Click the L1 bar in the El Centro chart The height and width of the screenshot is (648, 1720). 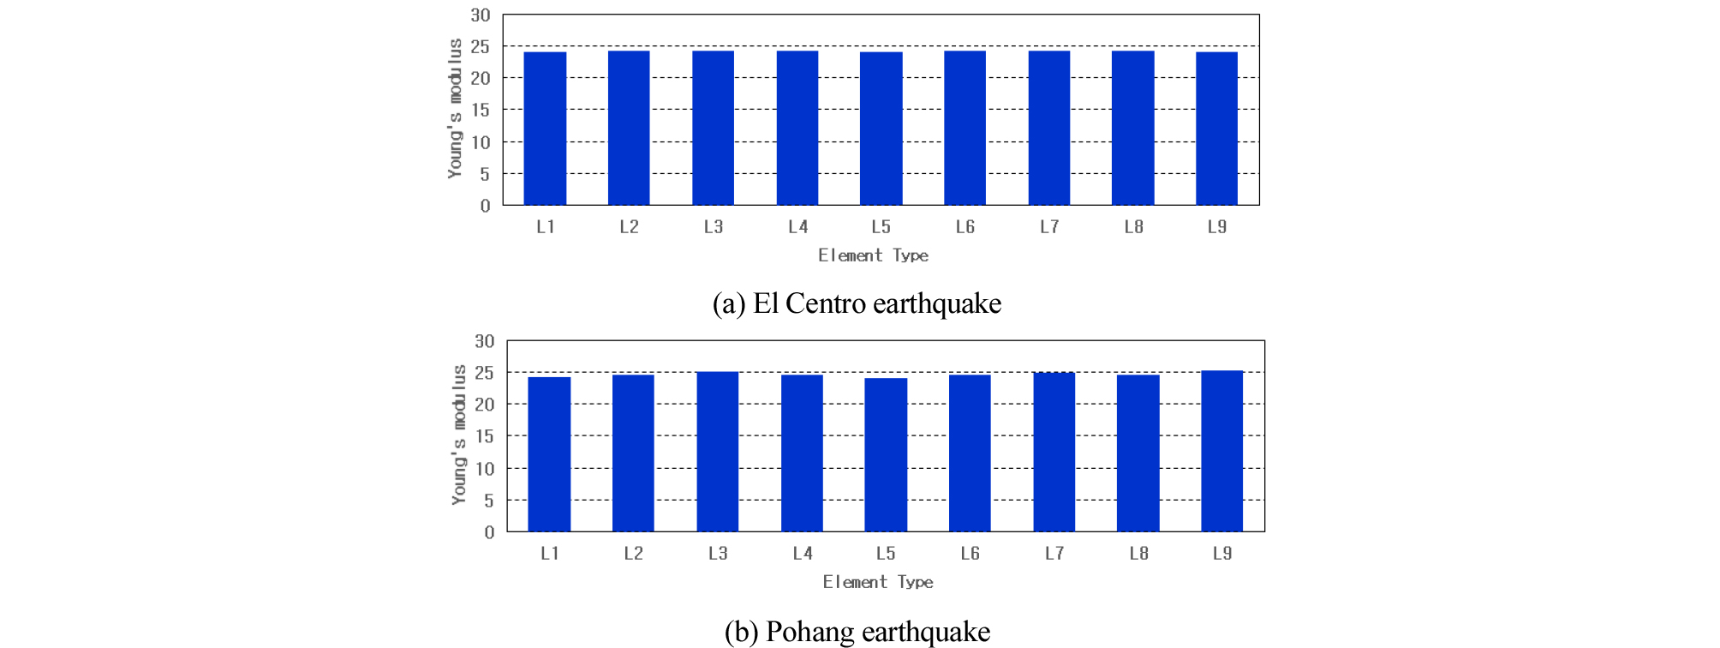(545, 129)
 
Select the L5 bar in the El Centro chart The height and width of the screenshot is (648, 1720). (881, 129)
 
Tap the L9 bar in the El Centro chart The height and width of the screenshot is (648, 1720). (1216, 129)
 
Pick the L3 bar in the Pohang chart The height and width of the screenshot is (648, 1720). (717, 452)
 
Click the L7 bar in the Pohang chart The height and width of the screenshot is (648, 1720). (1054, 452)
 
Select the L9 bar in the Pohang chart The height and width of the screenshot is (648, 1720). (1221, 451)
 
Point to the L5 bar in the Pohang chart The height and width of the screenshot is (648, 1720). (886, 455)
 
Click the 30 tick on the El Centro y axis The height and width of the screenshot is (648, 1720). (481, 15)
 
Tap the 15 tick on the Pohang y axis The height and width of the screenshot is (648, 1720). (485, 436)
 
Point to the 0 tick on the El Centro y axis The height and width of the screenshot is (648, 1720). (486, 206)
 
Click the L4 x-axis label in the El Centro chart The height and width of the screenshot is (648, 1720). (797, 227)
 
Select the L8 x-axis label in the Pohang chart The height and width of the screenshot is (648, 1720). (1138, 554)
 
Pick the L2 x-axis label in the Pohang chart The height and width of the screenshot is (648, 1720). (633, 554)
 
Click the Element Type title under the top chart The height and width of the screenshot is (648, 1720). (873, 255)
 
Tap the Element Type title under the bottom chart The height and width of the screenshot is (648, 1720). (878, 582)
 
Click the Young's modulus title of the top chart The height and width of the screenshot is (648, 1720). (455, 109)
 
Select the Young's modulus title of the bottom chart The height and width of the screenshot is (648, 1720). (459, 435)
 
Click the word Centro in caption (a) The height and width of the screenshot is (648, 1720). (826, 303)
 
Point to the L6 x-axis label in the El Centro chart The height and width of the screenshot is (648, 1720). (965, 227)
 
